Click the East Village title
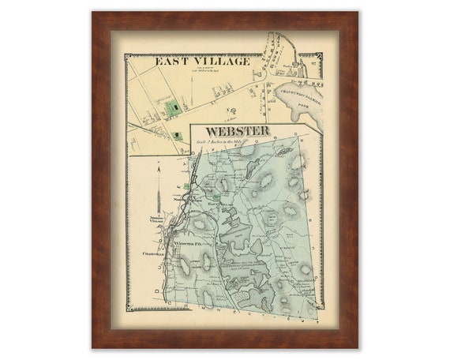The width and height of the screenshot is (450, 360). click(x=203, y=61)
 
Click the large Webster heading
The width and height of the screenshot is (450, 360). click(x=237, y=130)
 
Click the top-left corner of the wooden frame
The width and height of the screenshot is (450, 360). click(x=93, y=13)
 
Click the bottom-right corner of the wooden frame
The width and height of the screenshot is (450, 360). click(x=356, y=347)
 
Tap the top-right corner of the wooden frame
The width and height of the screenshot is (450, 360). click(x=356, y=13)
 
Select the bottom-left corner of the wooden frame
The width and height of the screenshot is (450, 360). click(x=93, y=347)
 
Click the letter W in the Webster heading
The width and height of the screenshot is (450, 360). click(x=211, y=130)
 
